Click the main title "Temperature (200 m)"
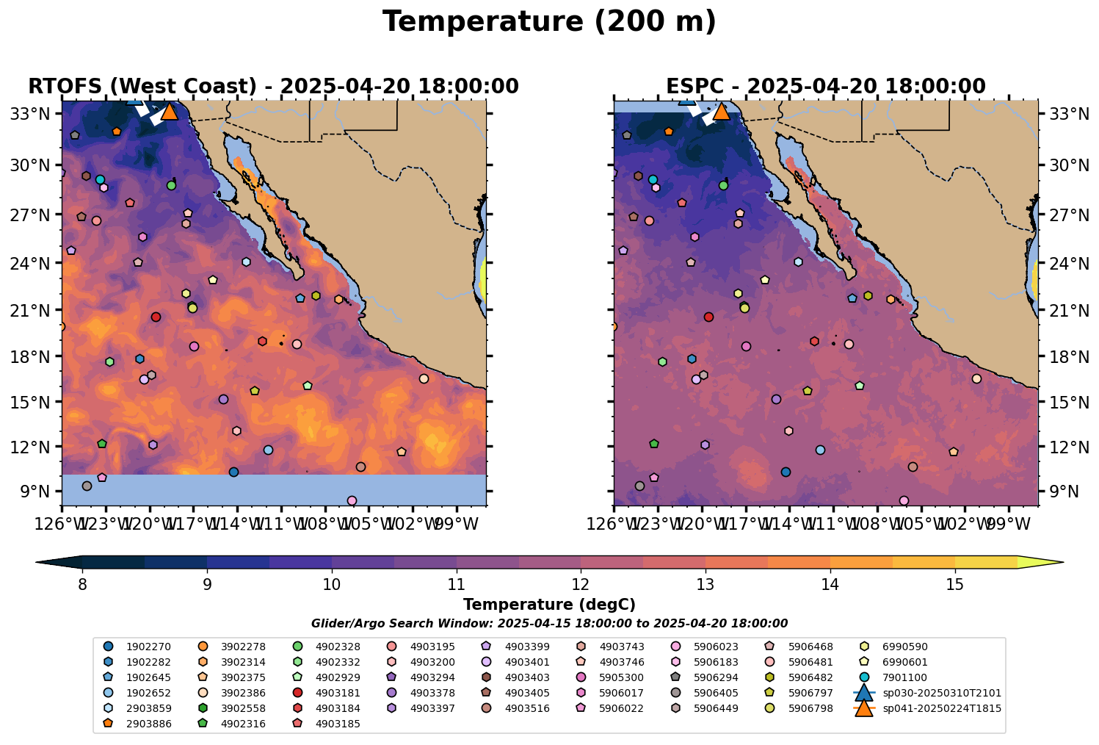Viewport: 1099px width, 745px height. click(549, 22)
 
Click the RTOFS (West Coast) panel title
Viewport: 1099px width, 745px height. click(273, 87)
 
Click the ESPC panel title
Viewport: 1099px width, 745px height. click(825, 87)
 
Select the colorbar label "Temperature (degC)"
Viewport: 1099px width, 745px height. click(549, 605)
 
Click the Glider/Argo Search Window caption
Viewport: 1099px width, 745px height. click(549, 623)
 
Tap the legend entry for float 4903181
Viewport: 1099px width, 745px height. click(338, 693)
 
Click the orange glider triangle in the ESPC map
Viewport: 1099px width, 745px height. click(721, 112)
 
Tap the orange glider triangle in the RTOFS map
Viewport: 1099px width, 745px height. click(169, 112)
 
